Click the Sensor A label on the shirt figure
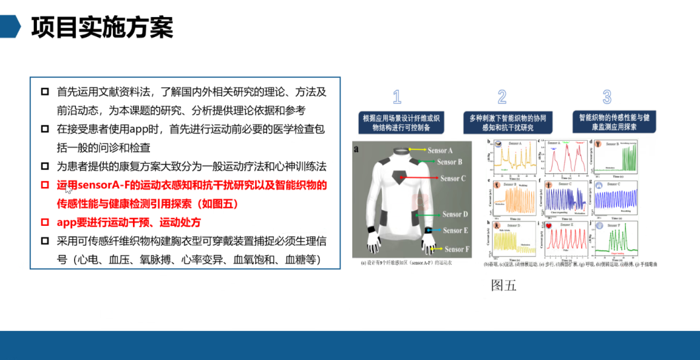click(x=440, y=151)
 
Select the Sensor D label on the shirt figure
click(x=455, y=214)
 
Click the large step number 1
click(x=397, y=98)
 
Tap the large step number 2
click(x=502, y=98)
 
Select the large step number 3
click(x=607, y=98)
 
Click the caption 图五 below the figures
click(x=503, y=285)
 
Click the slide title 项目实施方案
click(x=102, y=27)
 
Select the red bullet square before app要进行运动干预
click(x=44, y=223)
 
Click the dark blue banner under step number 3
click(x=607, y=122)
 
